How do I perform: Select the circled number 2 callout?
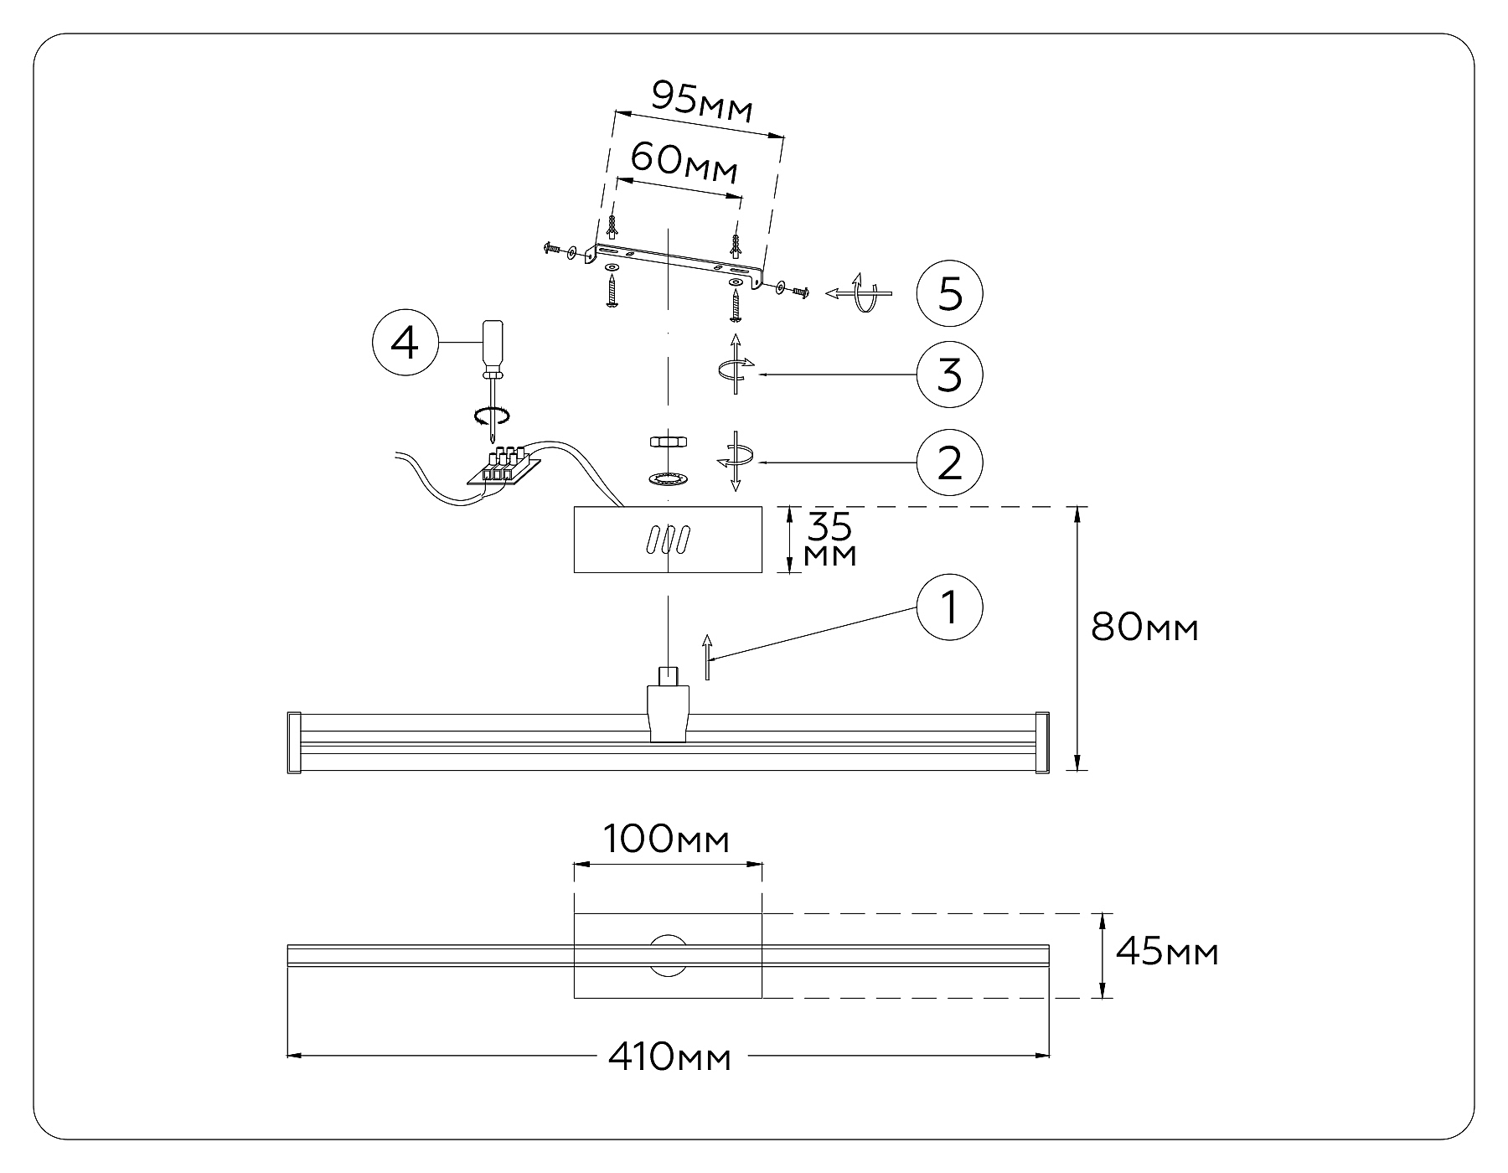pos(949,462)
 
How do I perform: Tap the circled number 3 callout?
pos(949,374)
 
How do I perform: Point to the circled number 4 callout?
pos(405,344)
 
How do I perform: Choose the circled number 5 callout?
pos(949,294)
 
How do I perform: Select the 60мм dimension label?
pos(684,162)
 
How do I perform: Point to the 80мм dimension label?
pos(1144,627)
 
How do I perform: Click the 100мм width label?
pos(667,840)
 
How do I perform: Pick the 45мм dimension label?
pos(1167,953)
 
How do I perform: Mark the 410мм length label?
pos(669,1057)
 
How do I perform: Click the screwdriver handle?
pos(491,345)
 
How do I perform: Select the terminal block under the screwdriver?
pos(501,466)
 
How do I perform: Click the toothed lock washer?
pos(668,478)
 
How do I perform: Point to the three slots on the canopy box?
pos(667,540)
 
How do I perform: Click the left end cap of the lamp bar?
pos(294,742)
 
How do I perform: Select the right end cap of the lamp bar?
pos(1042,742)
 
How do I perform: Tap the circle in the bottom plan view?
pos(668,955)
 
